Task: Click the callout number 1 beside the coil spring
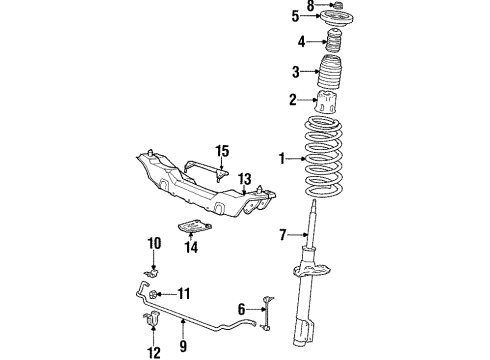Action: [283, 158]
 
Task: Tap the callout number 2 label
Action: [293, 99]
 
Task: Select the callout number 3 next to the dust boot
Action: [295, 71]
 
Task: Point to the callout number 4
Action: [301, 42]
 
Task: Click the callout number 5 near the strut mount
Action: [295, 16]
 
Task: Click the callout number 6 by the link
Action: [242, 310]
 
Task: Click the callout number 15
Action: [221, 151]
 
